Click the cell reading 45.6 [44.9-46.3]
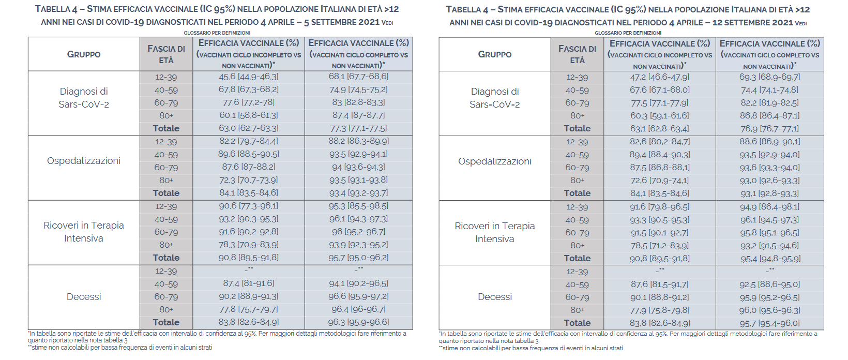248,77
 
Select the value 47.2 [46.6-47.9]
659,77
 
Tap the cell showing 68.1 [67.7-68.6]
358,77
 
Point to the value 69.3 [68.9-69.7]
769,77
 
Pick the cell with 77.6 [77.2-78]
248,102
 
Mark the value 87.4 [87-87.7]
358,115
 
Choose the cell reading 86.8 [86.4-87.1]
769,116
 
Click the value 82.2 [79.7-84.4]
248,141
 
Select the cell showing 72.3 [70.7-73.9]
248,180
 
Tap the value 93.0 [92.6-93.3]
769,181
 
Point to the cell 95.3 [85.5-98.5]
358,206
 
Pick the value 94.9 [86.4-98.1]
769,207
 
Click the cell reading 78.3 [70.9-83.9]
248,245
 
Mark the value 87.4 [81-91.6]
248,283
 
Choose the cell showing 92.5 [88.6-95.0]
769,284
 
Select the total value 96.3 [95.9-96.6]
358,322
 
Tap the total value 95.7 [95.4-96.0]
769,323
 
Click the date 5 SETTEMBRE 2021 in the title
341,22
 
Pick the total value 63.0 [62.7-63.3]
248,128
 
